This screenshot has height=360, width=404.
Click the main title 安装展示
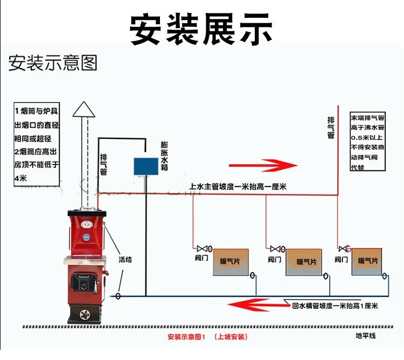click(201, 29)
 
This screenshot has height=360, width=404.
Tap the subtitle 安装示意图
click(53, 63)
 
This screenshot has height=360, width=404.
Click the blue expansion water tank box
click(144, 165)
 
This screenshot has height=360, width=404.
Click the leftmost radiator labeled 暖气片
click(231, 262)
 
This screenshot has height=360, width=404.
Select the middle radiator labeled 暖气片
click(303, 262)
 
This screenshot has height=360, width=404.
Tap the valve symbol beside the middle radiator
click(275, 248)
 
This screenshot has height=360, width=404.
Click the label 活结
click(126, 259)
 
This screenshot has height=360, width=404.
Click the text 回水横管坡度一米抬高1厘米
click(335, 306)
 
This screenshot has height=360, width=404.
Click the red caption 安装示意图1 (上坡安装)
click(207, 337)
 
